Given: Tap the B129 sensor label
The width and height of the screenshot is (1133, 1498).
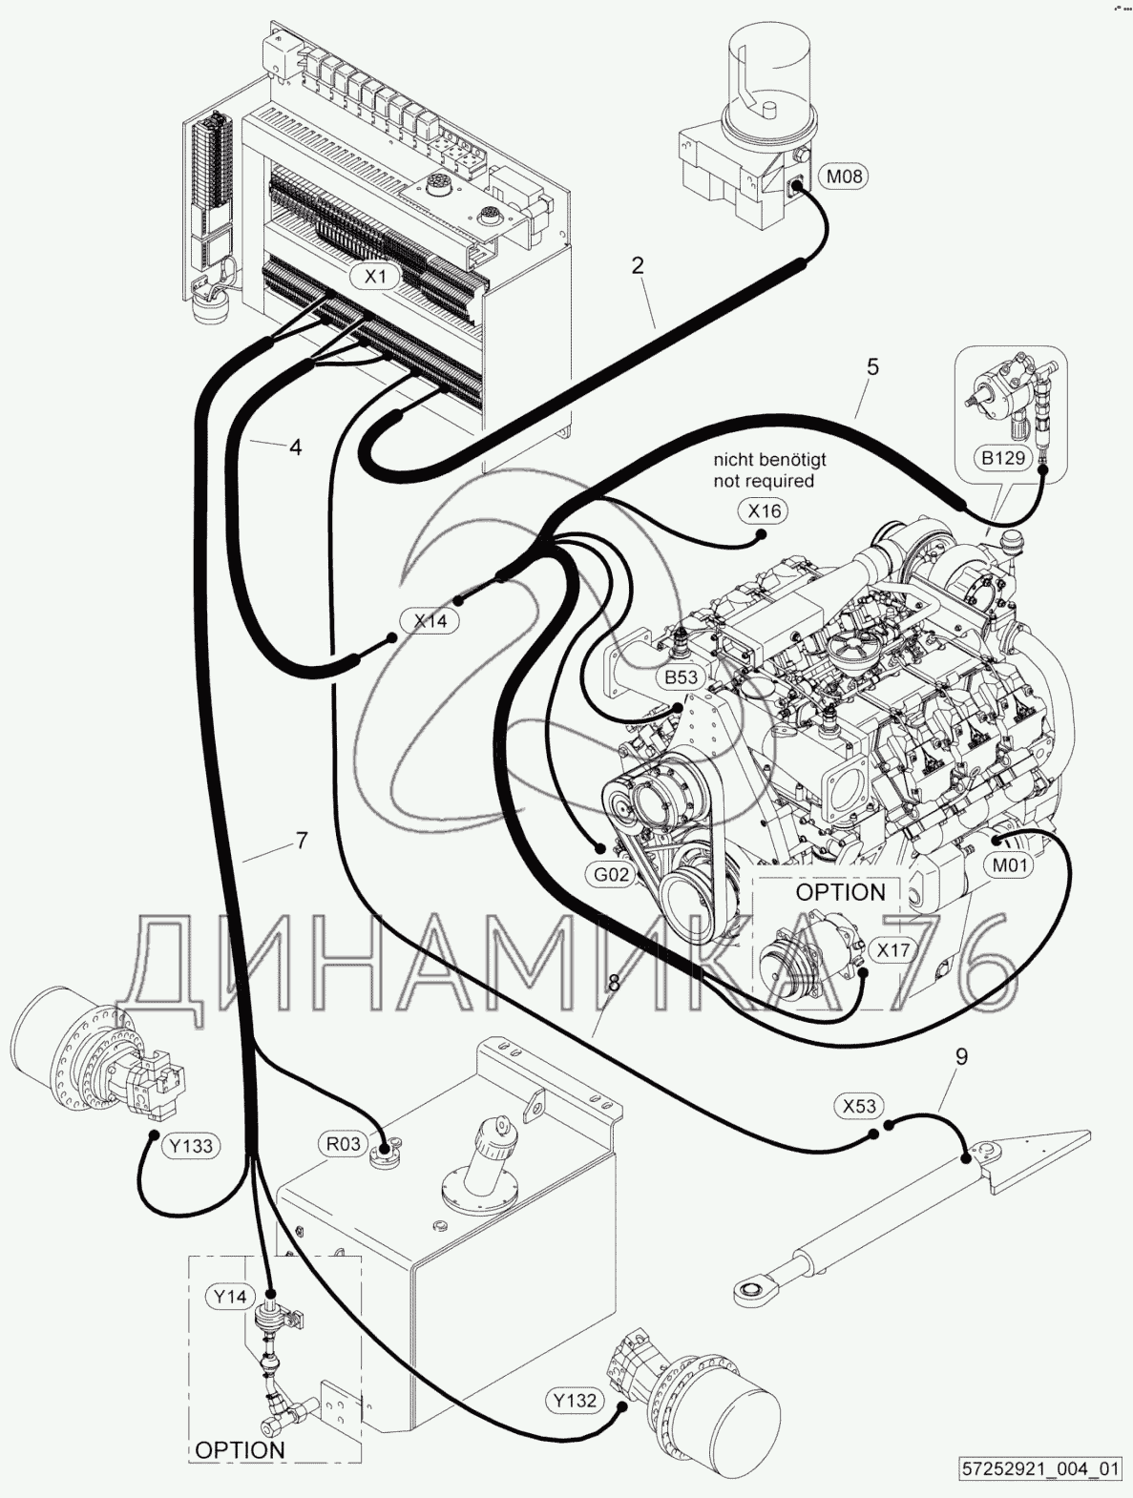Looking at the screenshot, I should point(1003,458).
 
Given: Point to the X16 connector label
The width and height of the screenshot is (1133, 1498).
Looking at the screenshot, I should point(764,511).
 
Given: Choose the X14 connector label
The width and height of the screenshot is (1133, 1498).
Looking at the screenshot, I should point(430,620).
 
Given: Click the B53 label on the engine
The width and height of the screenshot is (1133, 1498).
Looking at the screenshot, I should point(681,676).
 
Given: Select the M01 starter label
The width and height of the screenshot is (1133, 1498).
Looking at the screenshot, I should point(1009,865).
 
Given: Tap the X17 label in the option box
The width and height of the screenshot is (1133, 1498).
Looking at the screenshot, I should point(893,949).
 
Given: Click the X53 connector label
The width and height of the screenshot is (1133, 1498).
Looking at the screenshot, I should point(859,1106).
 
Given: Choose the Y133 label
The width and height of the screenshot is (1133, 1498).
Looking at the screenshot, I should point(191,1146).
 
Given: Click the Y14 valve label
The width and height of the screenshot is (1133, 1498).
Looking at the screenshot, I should point(230,1297).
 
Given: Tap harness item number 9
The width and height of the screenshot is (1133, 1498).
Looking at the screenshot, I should point(961,1056).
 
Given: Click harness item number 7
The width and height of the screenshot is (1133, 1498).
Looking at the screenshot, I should point(302,841).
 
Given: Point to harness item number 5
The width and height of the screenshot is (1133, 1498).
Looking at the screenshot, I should point(872,366).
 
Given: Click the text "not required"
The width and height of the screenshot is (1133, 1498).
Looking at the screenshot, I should point(764,481).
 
